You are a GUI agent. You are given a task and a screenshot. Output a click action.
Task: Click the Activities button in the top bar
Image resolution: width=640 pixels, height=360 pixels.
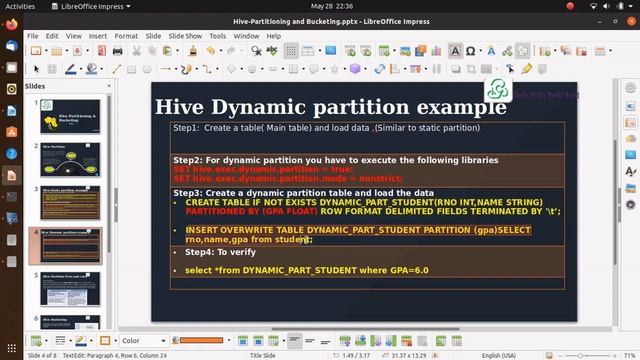pyautogui.click(x=20, y=5)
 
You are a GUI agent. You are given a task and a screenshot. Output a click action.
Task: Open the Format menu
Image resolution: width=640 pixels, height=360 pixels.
pyautogui.click(x=126, y=36)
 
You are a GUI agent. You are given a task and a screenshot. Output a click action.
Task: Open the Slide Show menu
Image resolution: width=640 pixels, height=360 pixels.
pyautogui.click(x=185, y=36)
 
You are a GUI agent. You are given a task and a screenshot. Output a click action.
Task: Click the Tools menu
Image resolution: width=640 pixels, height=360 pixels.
pyautogui.click(x=217, y=36)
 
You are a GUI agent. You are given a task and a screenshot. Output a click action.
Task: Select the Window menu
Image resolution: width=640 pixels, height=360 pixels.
pyautogui.click(x=245, y=36)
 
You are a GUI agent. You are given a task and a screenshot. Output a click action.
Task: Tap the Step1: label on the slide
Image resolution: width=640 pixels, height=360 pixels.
pyautogui.click(x=186, y=128)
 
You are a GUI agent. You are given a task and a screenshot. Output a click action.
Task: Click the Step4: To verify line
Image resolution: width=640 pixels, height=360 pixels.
pyautogui.click(x=213, y=252)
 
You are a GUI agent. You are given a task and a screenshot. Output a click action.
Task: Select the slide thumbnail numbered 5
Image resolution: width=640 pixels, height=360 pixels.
pyautogui.click(x=70, y=290)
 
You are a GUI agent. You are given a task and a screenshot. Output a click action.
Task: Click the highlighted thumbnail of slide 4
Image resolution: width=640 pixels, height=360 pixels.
pyautogui.click(x=70, y=246)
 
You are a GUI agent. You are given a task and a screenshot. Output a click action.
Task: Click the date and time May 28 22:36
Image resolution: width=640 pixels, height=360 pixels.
pyautogui.click(x=319, y=5)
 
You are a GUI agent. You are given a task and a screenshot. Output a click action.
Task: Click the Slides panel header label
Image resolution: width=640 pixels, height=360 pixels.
pyautogui.click(x=35, y=87)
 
